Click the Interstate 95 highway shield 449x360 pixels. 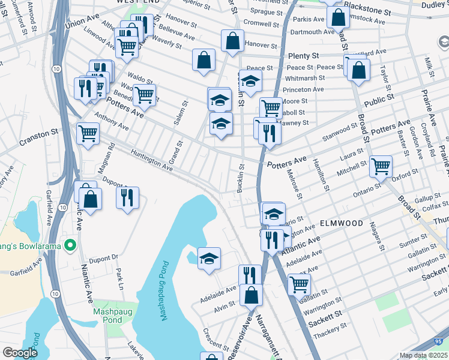click(441, 341)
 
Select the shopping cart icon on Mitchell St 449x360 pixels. click(381, 167)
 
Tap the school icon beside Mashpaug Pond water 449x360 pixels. click(209, 259)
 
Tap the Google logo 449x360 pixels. click(20, 353)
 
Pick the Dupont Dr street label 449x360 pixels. click(105, 258)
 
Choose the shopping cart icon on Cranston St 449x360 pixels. click(88, 133)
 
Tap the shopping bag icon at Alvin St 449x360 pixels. click(251, 295)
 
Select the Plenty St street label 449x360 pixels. click(302, 56)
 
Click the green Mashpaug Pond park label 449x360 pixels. click(108, 316)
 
